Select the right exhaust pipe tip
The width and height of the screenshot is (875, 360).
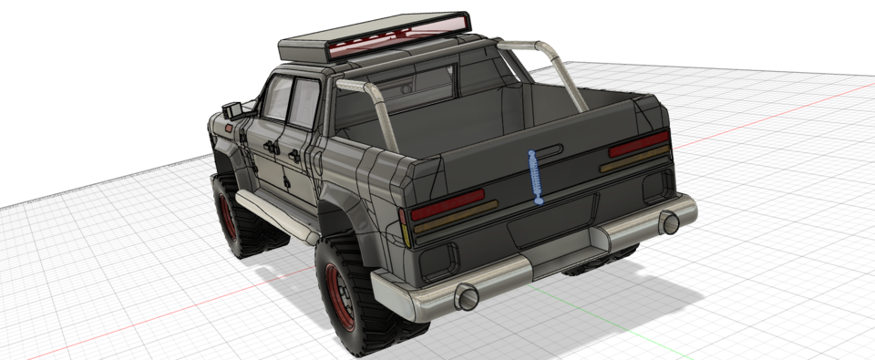pos(670,221)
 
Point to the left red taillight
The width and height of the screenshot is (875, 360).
pos(447,204)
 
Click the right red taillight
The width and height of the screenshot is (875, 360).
pos(638,144)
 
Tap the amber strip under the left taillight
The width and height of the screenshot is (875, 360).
pos(456,219)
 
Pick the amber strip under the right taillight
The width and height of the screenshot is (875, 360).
pos(634,159)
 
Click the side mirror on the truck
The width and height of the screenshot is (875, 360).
pos(231,109)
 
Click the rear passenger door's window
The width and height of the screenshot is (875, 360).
pos(302,103)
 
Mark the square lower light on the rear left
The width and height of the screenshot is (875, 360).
pos(439,261)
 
